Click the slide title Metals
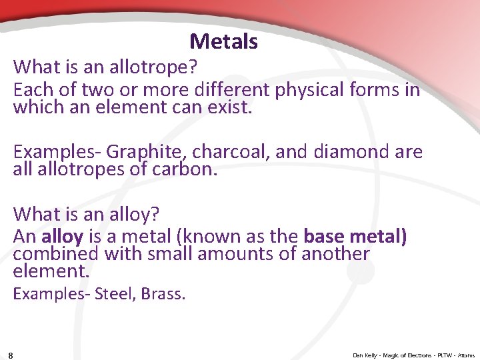coord(223,42)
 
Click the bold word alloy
coord(62,237)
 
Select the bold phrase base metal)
coord(355,237)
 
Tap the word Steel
coord(115,293)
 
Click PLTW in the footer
coord(442,355)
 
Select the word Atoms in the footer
coord(466,355)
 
